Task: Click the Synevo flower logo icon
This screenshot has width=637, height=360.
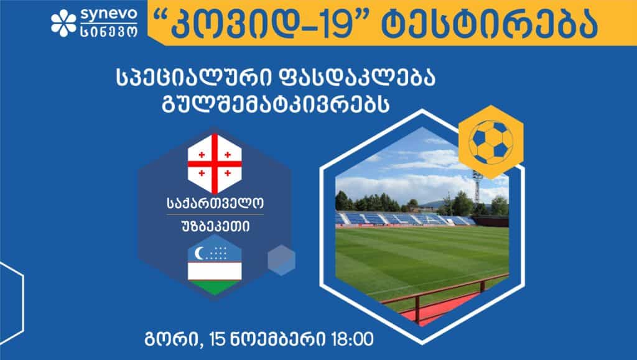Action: tap(63, 23)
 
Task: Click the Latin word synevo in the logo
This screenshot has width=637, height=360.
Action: tap(109, 15)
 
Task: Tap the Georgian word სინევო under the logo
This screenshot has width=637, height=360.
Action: tap(109, 31)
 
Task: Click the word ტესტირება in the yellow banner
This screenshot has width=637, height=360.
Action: tap(490, 25)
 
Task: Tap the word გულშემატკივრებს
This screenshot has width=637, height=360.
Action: tap(276, 103)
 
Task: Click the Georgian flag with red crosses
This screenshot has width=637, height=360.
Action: tap(215, 164)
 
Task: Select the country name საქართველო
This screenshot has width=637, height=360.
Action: tap(215, 203)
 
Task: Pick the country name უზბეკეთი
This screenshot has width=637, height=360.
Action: tap(215, 226)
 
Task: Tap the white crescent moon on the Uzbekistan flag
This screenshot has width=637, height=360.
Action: tap(200, 253)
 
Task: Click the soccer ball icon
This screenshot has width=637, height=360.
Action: tap(491, 142)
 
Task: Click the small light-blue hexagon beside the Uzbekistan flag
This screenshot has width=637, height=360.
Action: tap(281, 260)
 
